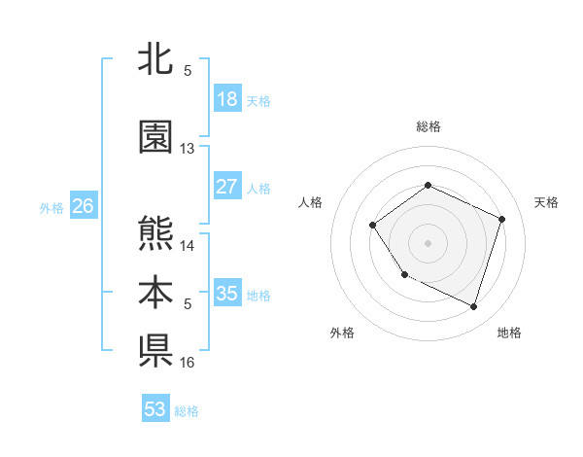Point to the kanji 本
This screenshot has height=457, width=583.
155,293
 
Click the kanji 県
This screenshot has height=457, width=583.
155,350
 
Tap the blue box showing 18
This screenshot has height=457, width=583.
227,99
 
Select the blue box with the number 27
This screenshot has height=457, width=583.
227,187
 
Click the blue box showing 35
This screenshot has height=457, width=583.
227,294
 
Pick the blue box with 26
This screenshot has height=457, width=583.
83,206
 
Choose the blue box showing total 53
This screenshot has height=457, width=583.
155,409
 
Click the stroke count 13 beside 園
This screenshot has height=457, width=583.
188,149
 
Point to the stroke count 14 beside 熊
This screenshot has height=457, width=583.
188,245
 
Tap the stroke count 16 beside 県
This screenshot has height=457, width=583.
188,362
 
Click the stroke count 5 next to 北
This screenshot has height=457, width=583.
188,70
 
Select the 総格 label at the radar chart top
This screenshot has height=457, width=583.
428,126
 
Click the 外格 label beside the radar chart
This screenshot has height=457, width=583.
342,333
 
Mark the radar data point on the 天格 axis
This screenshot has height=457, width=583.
502,219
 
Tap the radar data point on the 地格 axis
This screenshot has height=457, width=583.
473,307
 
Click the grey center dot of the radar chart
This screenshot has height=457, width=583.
428,242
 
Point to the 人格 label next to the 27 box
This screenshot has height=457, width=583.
258,188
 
